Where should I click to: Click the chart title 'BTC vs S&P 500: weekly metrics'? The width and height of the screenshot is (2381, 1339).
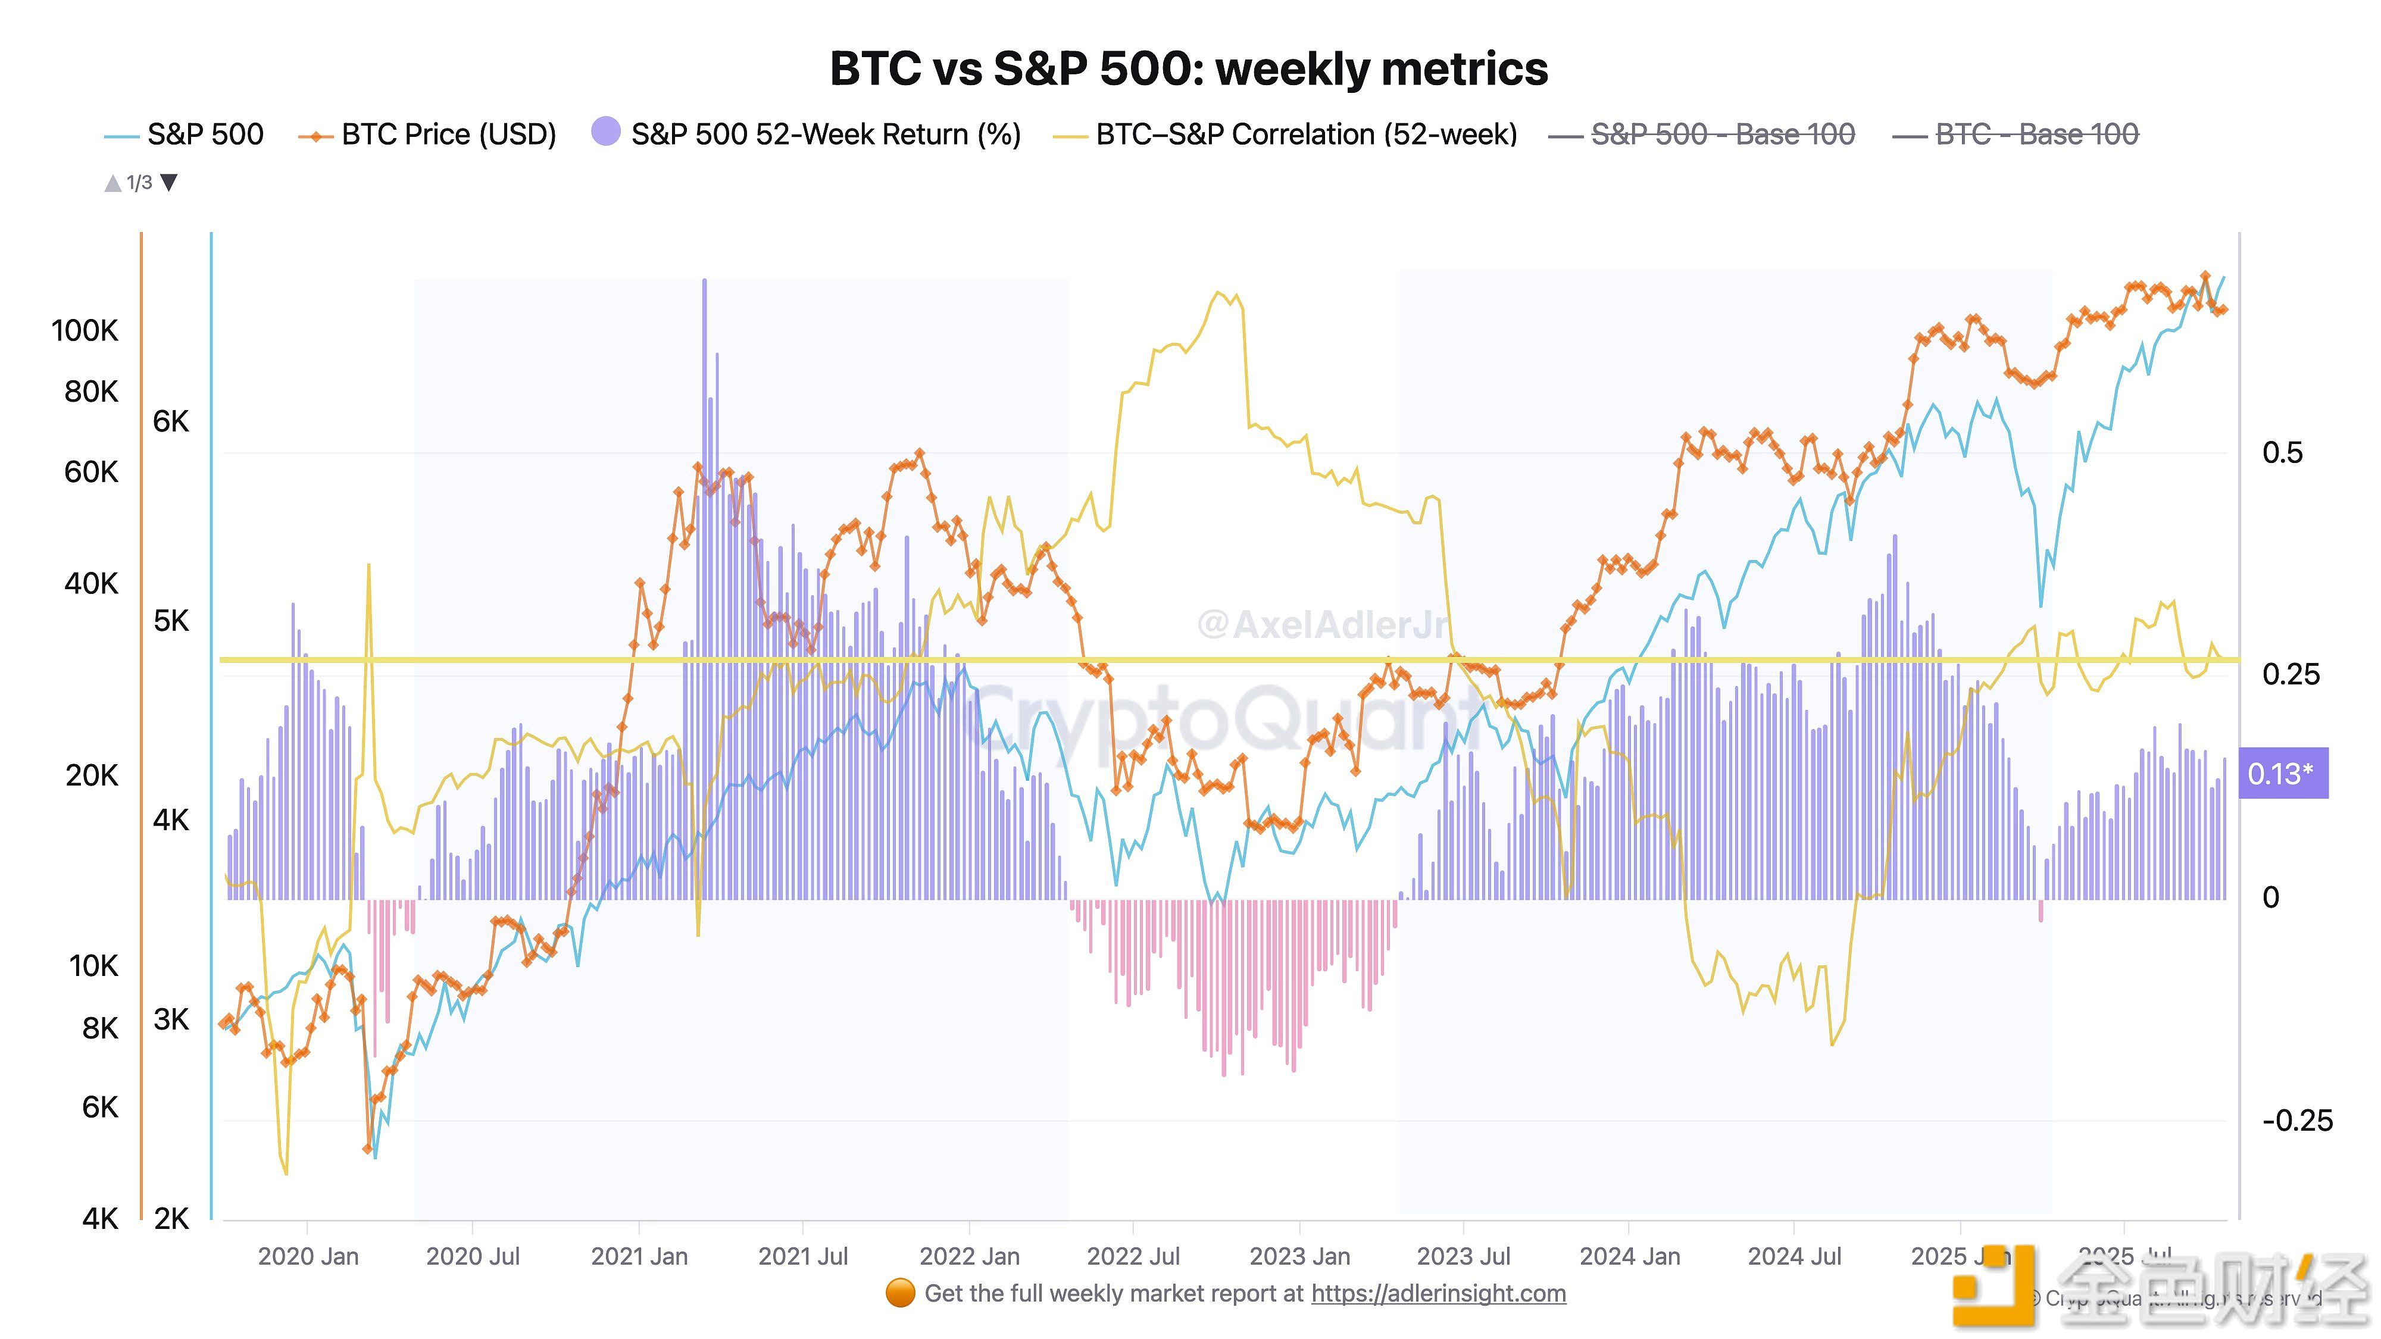(x=1189, y=69)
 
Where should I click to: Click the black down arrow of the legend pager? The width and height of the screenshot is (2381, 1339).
(x=169, y=182)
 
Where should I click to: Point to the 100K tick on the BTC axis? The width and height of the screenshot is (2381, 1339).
(x=85, y=331)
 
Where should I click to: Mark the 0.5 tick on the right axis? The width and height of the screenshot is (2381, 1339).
(x=2282, y=453)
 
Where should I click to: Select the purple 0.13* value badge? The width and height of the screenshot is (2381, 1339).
(x=2282, y=774)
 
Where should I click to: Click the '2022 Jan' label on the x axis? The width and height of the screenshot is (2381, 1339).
(x=968, y=1257)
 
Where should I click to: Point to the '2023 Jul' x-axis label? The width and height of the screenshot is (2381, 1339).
(x=1463, y=1257)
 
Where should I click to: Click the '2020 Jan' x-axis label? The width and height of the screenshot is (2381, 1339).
(x=308, y=1257)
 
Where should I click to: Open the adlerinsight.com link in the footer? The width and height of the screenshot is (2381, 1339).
(x=1438, y=1294)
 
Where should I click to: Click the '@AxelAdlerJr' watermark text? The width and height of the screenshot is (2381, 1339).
(x=1321, y=625)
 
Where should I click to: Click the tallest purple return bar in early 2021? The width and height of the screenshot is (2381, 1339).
(x=704, y=592)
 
